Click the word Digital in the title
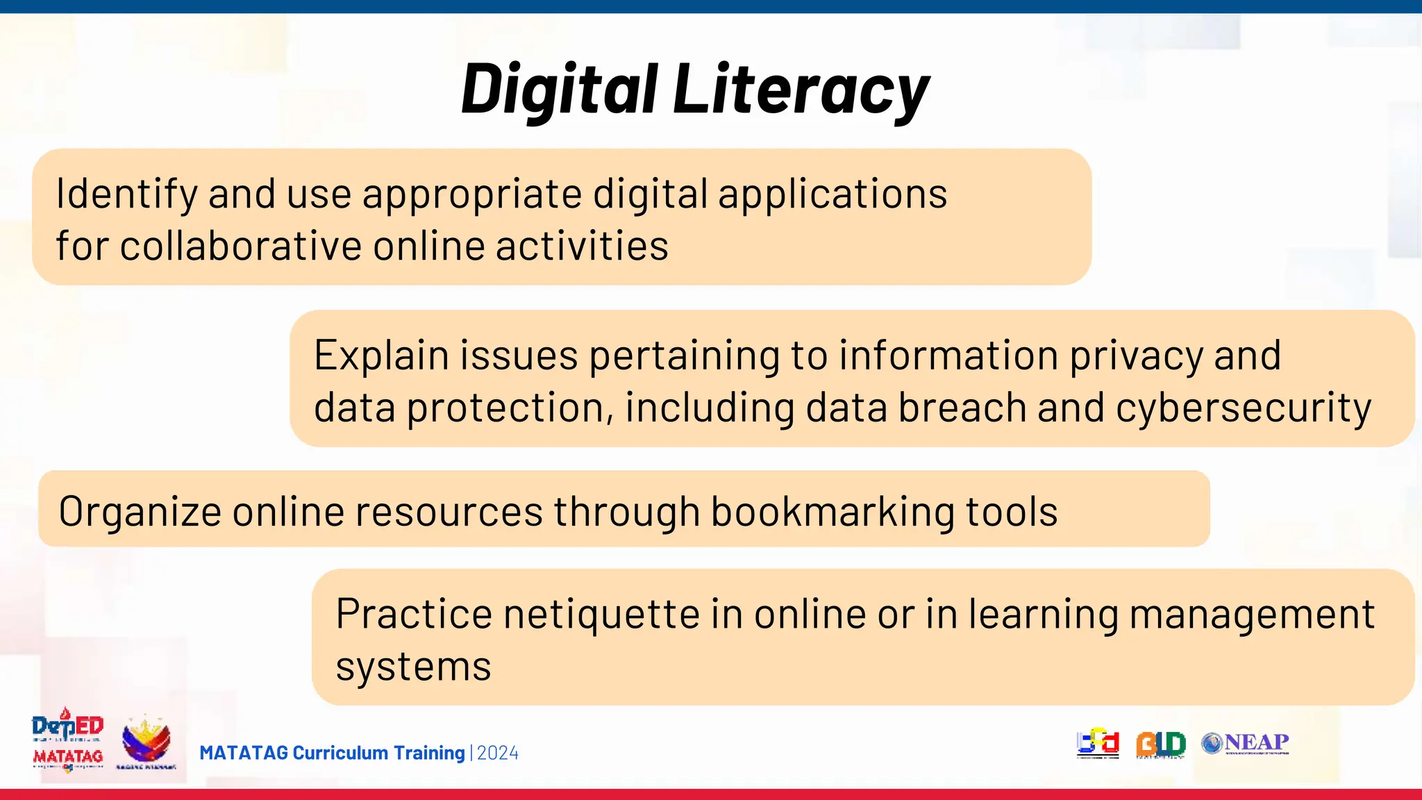click(560, 90)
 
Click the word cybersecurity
click(1244, 408)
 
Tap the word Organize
click(140, 512)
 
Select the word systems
click(413, 667)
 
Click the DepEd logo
click(67, 726)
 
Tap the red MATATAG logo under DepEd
click(67, 757)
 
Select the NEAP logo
click(1246, 744)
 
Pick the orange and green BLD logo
click(1160, 744)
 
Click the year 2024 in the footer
click(498, 753)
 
